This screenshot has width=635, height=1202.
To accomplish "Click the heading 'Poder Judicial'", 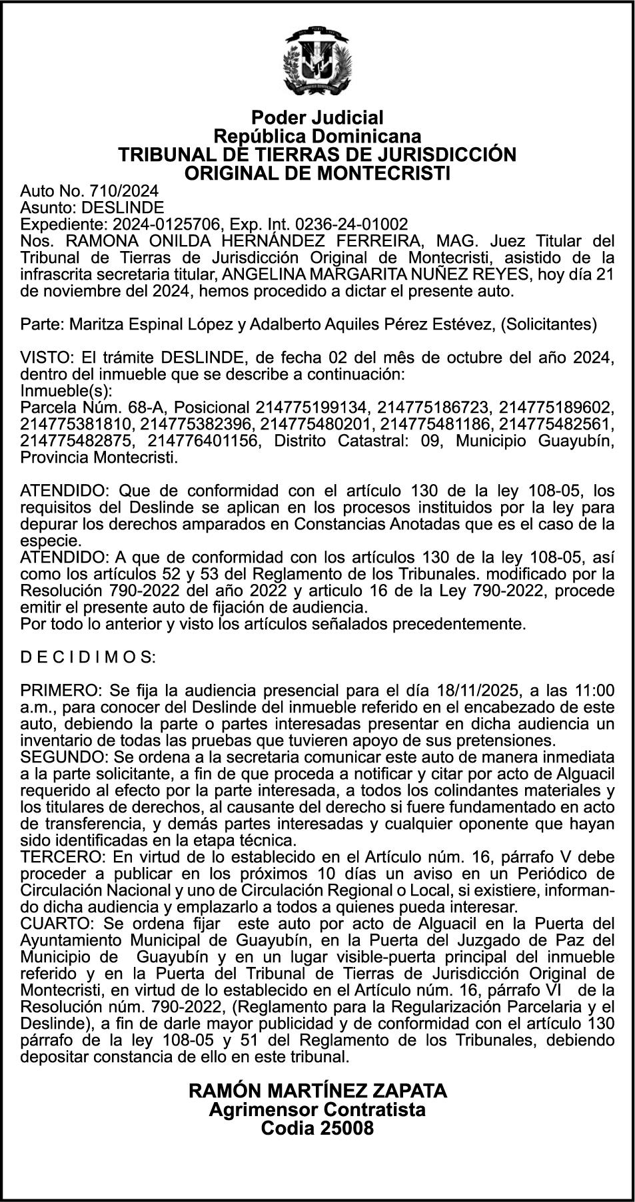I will (317, 118).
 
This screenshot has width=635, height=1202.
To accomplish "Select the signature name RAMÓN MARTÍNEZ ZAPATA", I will (318, 1091).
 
